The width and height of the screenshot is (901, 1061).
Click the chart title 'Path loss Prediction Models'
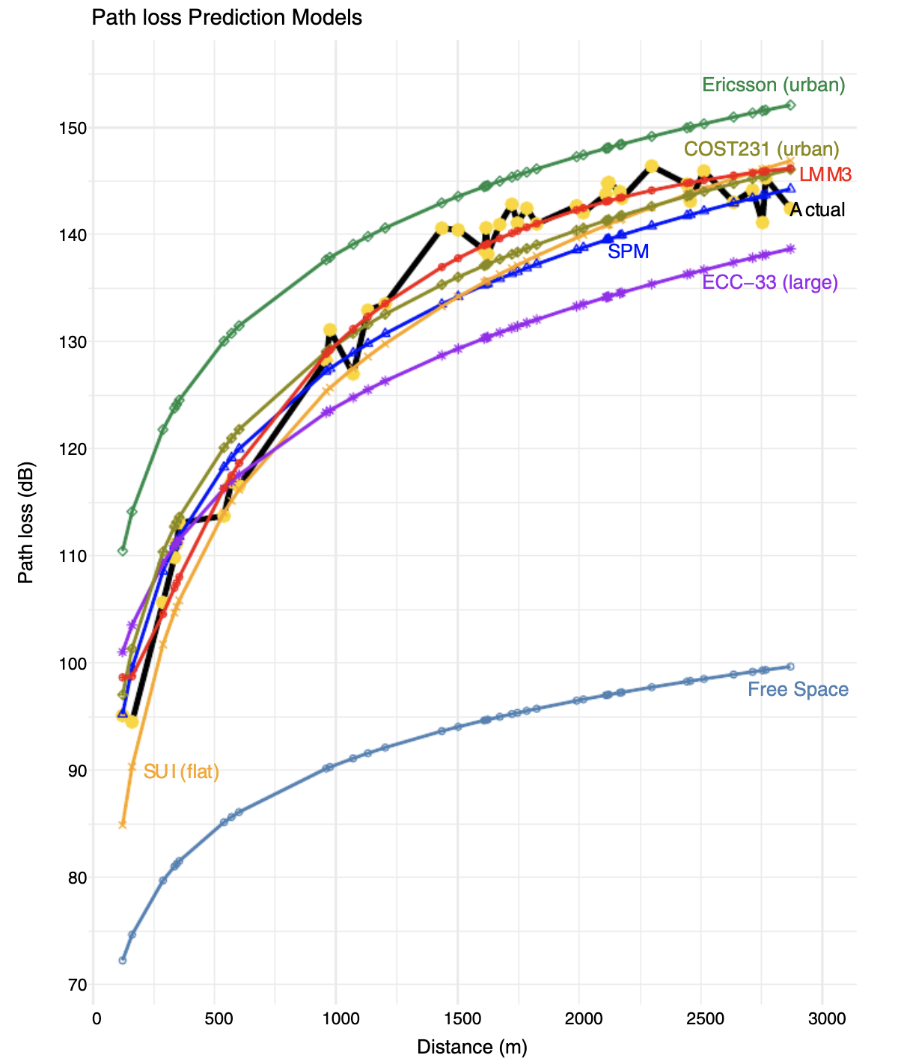227,17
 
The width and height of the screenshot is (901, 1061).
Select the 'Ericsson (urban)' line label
773,85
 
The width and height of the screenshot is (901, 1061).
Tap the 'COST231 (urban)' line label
762,149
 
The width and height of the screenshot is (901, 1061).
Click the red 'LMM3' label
825,175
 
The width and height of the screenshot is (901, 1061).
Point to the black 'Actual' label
817,210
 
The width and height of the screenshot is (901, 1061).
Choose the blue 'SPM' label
628,251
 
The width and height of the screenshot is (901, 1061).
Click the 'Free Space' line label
798,689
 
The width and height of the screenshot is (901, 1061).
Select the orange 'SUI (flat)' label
181,771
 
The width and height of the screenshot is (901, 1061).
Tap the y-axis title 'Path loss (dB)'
26,522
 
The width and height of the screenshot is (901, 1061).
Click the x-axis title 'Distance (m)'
472,1047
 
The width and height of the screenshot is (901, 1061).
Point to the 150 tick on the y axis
73,128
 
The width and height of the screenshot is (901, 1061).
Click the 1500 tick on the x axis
457,1019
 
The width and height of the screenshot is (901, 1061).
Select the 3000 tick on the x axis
822,1019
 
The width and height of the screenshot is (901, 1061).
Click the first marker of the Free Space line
123,960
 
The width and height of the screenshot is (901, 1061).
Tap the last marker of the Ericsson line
791,106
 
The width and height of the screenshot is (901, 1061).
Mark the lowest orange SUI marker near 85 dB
123,825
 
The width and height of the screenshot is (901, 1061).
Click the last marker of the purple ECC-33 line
791,248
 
